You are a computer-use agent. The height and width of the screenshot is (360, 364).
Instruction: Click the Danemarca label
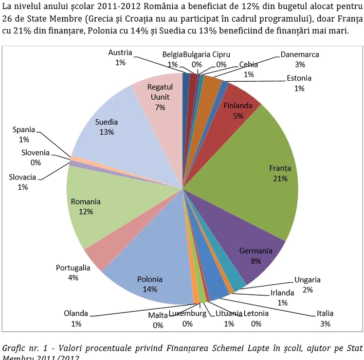pos(300,55)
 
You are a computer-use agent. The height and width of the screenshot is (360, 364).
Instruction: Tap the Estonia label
pos(299,78)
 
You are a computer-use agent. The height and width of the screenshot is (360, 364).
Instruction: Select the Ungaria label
pos(307,280)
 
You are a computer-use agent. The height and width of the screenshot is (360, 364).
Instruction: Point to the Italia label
pos(325,313)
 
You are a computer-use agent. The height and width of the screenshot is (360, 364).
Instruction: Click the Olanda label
pos(76,313)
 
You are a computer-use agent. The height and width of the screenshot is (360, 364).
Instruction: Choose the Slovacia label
pos(23,177)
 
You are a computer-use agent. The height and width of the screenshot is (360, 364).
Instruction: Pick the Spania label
pos(24,130)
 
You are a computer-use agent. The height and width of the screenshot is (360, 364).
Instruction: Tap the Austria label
pos(120,52)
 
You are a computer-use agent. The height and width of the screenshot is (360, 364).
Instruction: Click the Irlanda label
pos(282,293)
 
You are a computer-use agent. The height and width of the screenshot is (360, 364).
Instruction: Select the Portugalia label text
pos(73,267)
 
